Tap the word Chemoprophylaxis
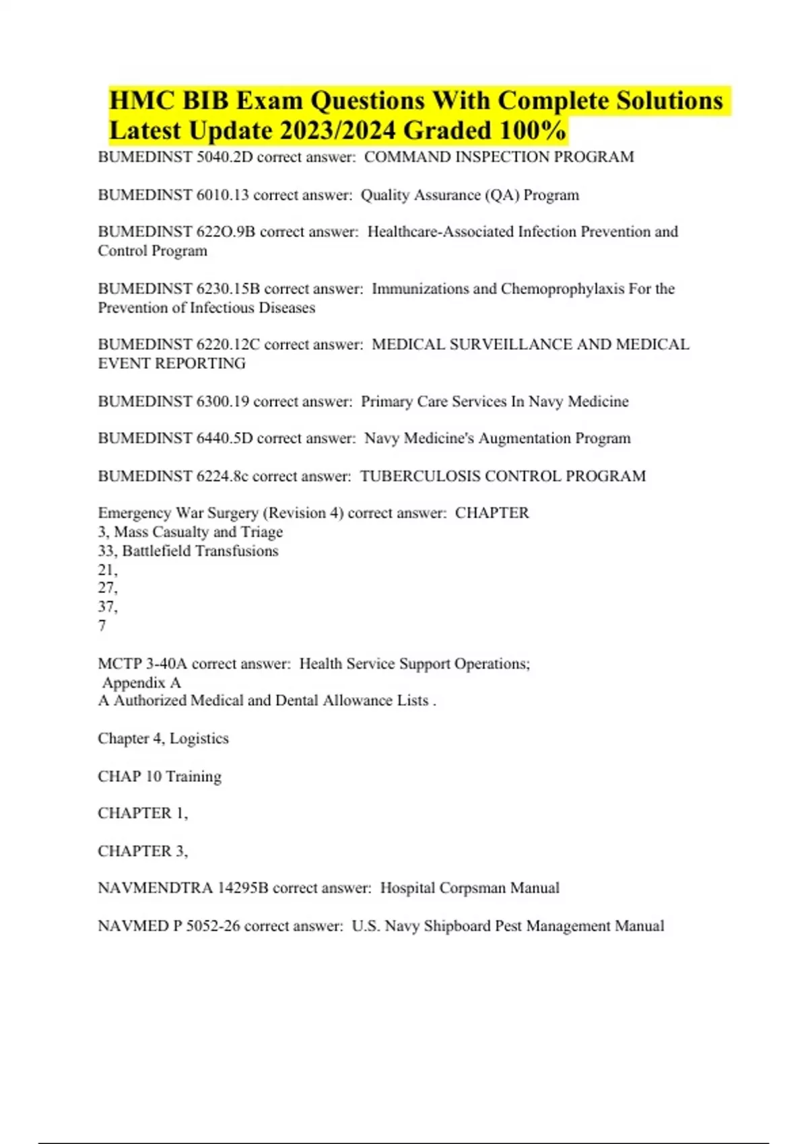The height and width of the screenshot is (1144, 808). (562, 289)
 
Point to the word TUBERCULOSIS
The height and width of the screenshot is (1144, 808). (419, 476)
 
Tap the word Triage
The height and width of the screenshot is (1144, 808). (262, 532)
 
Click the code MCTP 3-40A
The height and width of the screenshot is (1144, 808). (142, 664)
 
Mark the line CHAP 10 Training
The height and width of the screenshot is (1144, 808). (160, 777)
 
